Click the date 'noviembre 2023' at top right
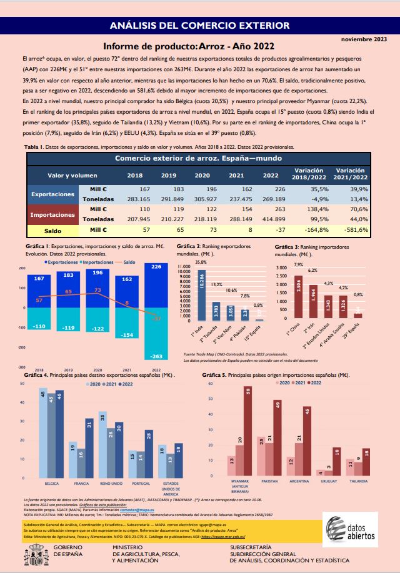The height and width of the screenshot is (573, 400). click(x=364, y=39)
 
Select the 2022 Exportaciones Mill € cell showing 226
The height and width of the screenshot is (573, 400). click(x=271, y=189)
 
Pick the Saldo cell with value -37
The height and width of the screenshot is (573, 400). click(x=271, y=230)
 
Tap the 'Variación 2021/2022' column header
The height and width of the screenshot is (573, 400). click(x=350, y=174)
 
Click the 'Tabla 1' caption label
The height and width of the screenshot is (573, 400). click(x=33, y=147)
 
